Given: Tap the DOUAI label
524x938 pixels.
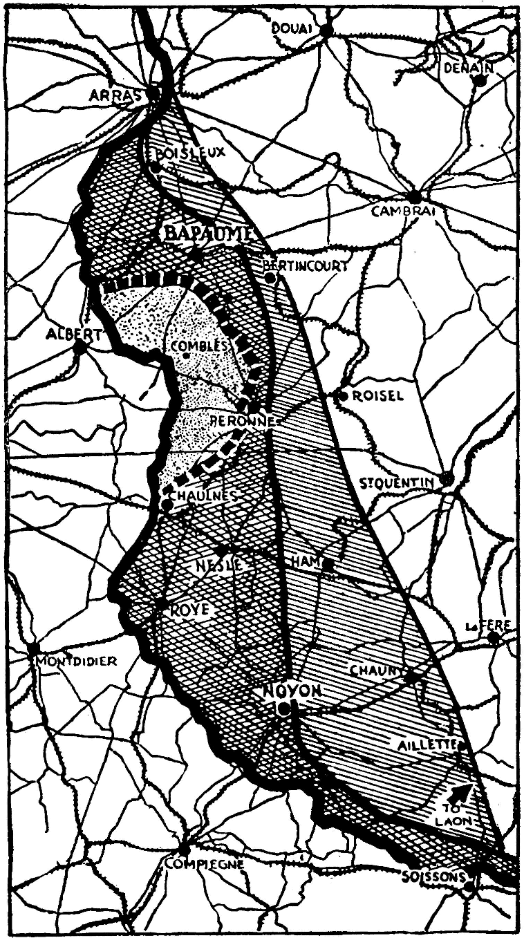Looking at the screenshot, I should pyautogui.click(x=292, y=28).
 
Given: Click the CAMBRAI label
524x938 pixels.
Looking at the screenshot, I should pyautogui.click(x=403, y=212).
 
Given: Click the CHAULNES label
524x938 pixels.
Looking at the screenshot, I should pyautogui.click(x=205, y=496).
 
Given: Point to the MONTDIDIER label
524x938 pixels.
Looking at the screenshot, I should pyautogui.click(x=77, y=661).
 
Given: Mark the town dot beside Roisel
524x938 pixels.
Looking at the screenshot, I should pyautogui.click(x=342, y=395).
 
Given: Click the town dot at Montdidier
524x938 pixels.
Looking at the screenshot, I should pyautogui.click(x=32, y=650).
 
